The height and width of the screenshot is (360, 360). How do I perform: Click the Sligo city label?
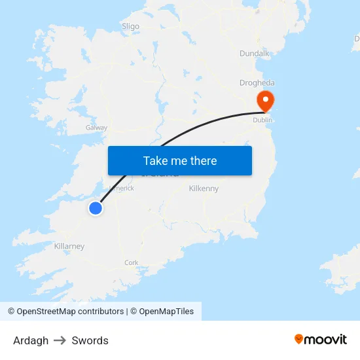(x=130, y=26)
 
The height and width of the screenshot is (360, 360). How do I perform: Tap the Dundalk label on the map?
(x=255, y=53)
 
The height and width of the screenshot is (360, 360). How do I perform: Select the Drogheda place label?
(x=257, y=83)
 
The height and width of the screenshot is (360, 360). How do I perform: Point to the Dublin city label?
(x=262, y=120)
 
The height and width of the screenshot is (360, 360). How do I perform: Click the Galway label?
(x=97, y=128)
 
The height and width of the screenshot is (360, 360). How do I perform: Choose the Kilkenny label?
(x=204, y=189)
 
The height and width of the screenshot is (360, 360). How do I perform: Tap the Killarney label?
(x=69, y=246)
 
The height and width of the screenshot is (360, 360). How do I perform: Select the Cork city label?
(x=131, y=262)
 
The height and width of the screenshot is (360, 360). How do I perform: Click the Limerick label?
(x=122, y=188)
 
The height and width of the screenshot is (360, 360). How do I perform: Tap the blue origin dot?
(x=96, y=208)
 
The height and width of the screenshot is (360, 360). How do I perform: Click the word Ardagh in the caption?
(x=31, y=340)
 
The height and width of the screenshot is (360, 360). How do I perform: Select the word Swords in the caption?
(x=90, y=340)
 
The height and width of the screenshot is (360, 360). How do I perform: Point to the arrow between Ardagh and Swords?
(x=60, y=340)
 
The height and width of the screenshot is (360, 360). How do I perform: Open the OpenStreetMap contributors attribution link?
(x=65, y=312)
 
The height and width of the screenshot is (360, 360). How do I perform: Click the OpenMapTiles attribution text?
(x=166, y=312)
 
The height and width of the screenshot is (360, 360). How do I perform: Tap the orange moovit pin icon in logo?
(x=299, y=339)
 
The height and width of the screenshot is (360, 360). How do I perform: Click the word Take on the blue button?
(x=156, y=161)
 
